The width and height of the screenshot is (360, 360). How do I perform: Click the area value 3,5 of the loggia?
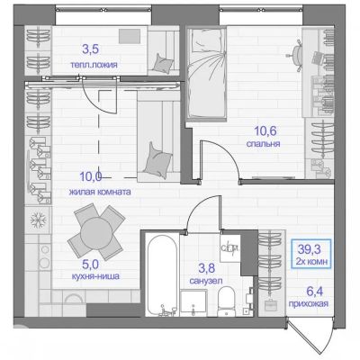click(x=91, y=49)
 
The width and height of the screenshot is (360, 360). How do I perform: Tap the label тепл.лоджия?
click(x=94, y=65)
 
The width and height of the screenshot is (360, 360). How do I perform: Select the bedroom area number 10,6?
click(x=265, y=130)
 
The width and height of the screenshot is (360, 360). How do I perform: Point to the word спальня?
click(x=263, y=144)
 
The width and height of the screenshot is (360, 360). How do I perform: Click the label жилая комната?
click(x=100, y=192)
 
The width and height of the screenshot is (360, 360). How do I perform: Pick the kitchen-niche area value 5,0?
click(x=90, y=264)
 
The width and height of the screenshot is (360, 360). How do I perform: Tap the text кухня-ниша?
click(x=95, y=276)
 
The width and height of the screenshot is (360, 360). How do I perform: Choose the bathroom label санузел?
click(x=206, y=281)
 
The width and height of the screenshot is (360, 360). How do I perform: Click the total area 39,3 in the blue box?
click(x=310, y=248)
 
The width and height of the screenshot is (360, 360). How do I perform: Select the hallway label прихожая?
click(x=309, y=304)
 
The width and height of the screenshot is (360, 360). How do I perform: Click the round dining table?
click(x=96, y=232)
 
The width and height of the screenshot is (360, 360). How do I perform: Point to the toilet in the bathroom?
click(x=227, y=301)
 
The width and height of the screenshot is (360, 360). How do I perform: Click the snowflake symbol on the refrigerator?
click(x=39, y=220)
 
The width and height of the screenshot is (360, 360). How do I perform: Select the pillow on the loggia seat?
click(x=163, y=64)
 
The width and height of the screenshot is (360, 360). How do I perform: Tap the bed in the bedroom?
click(x=206, y=74)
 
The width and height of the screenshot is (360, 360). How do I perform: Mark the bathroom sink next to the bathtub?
click(x=193, y=302)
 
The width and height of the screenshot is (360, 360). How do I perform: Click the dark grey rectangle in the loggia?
click(x=130, y=36)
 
